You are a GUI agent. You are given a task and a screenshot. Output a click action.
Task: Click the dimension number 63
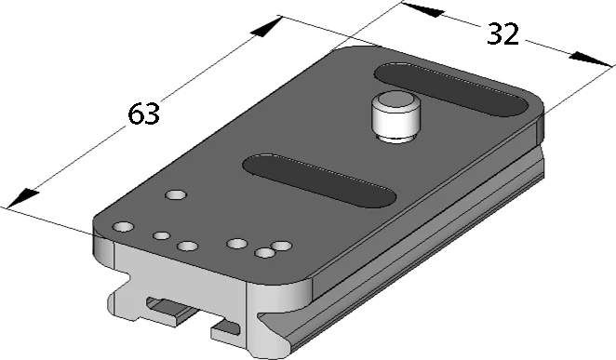pos(144,113)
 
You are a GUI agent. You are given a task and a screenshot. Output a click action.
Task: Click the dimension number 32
pos(502,34)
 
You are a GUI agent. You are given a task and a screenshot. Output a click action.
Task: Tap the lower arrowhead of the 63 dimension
pos(22,198)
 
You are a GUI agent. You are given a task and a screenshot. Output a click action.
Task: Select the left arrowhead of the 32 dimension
pos(422,10)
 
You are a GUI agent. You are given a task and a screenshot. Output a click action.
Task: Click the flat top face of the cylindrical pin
pos(394,100)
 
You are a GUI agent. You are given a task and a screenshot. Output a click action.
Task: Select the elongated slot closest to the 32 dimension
pos(451,89)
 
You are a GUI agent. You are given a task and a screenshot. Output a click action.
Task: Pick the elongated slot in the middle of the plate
pos(319,180)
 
